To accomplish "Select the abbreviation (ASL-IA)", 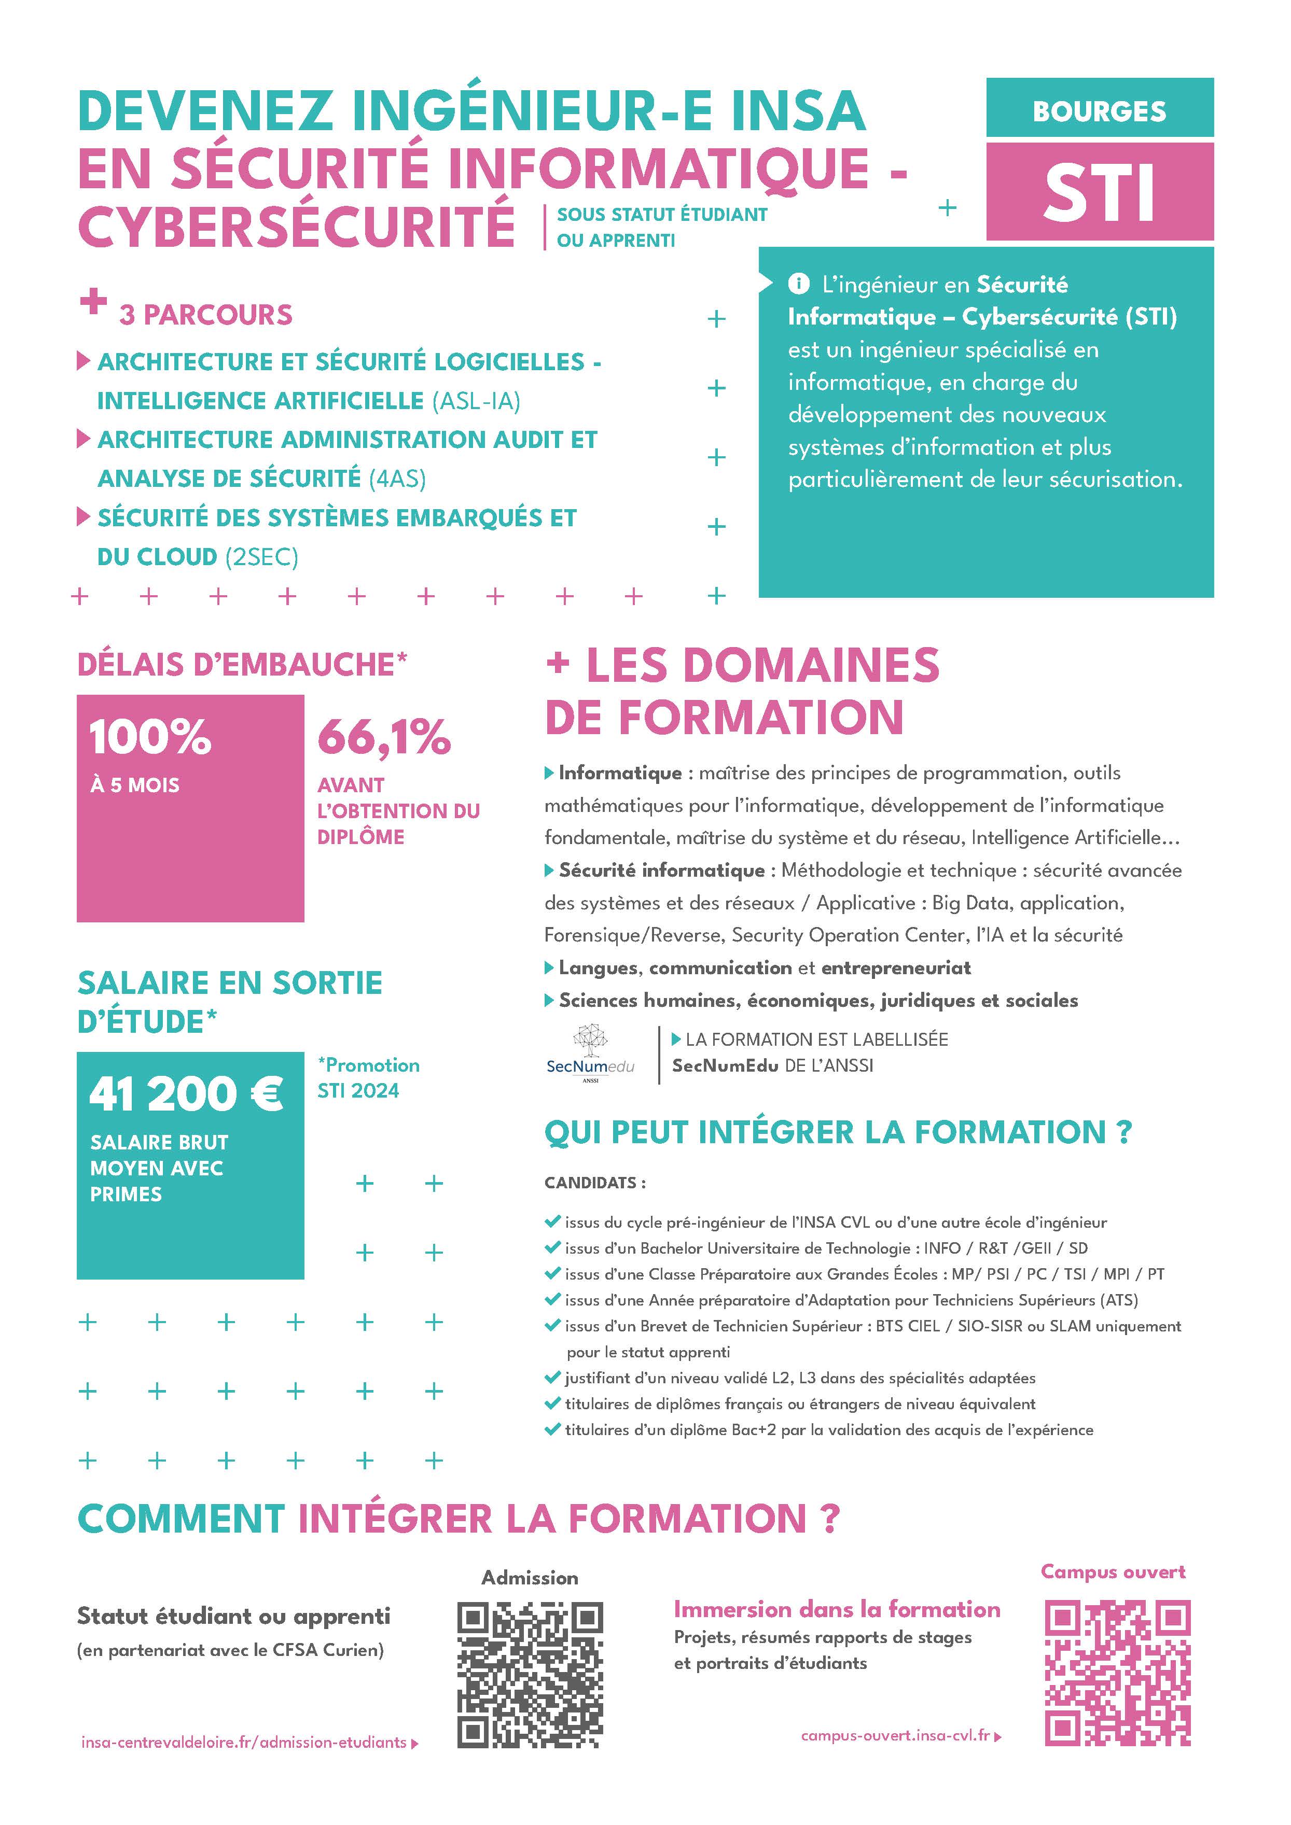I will [476, 401].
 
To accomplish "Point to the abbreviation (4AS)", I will [397, 479].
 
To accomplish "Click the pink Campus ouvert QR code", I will [1116, 1673].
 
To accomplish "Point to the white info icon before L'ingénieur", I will [798, 284].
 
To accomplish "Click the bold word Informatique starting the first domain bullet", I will [620, 773].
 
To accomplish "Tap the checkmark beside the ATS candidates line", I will [552, 1300].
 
